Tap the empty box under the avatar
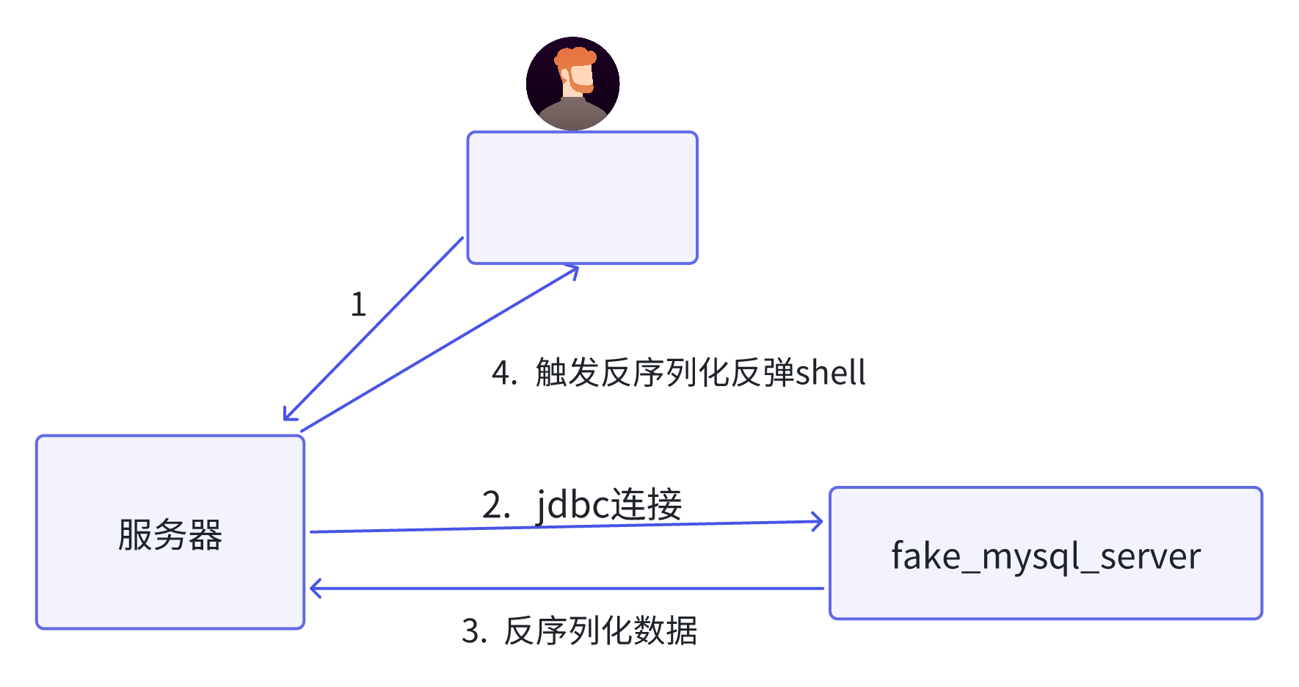click(x=582, y=197)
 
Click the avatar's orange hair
click(x=575, y=58)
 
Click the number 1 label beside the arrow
click(x=358, y=305)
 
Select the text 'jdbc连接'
click(x=609, y=504)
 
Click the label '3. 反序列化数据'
click(x=579, y=630)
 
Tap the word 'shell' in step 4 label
click(x=831, y=373)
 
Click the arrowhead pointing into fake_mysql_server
click(x=818, y=522)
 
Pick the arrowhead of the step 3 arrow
click(x=315, y=588)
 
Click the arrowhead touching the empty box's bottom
click(x=573, y=271)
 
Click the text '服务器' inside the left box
click(x=170, y=534)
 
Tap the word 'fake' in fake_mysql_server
click(x=925, y=556)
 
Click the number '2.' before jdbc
click(x=495, y=505)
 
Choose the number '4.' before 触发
click(x=504, y=373)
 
